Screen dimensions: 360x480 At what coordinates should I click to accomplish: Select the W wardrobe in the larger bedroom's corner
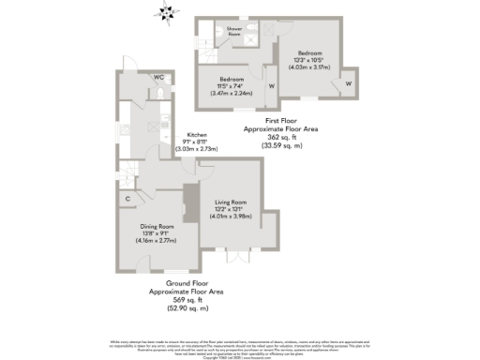(x=348, y=83)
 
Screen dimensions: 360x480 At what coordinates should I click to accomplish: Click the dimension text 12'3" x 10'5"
(x=310, y=60)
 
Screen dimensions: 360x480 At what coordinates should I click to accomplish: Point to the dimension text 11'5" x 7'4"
(x=232, y=86)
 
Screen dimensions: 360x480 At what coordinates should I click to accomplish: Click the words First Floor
(x=280, y=120)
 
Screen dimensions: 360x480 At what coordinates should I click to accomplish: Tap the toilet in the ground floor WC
(x=163, y=94)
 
